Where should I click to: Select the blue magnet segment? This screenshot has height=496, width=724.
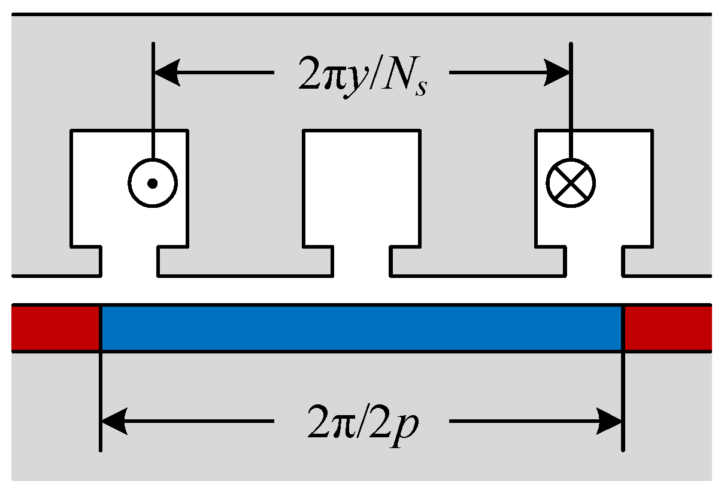pos(362,328)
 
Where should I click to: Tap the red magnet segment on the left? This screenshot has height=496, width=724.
pos(55,328)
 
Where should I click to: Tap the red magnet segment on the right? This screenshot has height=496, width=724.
pos(668,328)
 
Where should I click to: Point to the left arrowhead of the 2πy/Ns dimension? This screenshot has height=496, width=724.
pos(166,73)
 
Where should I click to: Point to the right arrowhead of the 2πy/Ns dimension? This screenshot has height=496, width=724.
pos(557,73)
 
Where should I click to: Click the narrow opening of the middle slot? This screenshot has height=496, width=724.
pos(362,261)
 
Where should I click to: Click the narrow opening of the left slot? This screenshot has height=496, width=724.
pos(129,261)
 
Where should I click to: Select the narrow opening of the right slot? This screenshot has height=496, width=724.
pos(594,261)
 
